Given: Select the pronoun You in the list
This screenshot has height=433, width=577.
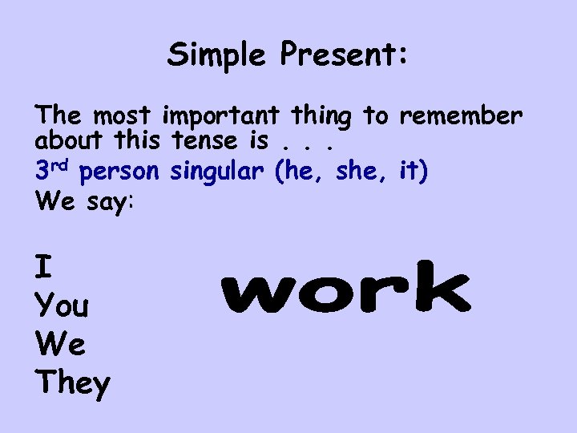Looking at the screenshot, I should (x=63, y=306).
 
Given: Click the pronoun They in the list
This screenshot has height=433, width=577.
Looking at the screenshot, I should (x=72, y=383).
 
